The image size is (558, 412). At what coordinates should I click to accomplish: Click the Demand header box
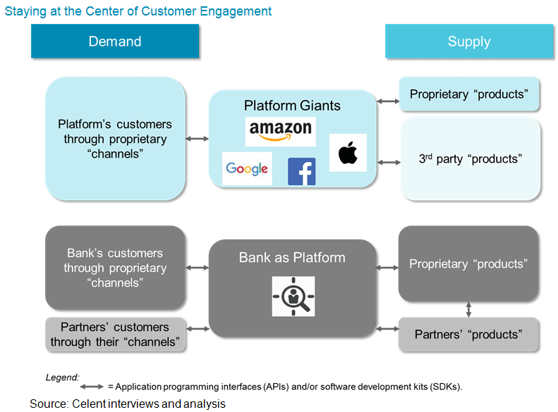click(115, 42)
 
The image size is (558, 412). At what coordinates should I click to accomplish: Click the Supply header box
click(468, 42)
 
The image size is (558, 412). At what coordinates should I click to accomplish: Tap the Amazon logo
click(280, 131)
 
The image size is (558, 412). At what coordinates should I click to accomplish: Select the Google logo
click(247, 168)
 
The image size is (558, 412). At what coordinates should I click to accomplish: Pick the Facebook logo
click(301, 172)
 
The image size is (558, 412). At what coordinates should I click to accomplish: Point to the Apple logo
click(348, 153)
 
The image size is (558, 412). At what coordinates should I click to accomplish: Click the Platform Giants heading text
click(292, 106)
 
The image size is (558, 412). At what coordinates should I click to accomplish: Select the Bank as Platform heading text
click(292, 257)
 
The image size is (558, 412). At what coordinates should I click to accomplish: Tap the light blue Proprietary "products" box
click(469, 94)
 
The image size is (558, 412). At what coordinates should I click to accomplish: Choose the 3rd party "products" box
click(469, 158)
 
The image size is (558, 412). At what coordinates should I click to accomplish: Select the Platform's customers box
click(115, 139)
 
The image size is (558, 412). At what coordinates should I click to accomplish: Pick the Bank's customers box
click(115, 268)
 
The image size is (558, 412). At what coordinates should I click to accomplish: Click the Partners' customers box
click(115, 335)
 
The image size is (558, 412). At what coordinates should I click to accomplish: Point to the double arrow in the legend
click(92, 387)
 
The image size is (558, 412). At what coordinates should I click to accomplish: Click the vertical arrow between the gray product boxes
click(469, 310)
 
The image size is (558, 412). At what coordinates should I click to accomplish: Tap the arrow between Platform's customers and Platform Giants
click(198, 139)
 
